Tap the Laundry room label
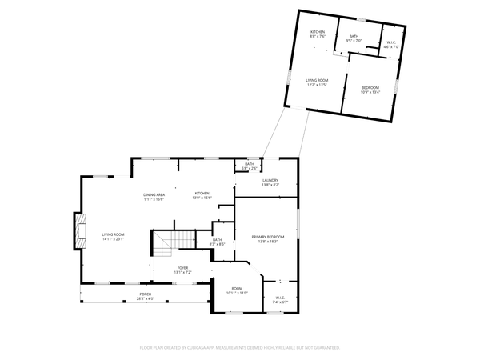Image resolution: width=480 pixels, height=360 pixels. click(x=270, y=180)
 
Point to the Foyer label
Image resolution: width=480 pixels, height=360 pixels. click(x=183, y=268)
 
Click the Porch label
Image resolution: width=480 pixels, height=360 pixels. click(x=146, y=294)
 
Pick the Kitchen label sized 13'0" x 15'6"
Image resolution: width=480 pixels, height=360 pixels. click(x=202, y=194)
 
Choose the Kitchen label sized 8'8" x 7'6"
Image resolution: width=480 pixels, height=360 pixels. click(x=318, y=32)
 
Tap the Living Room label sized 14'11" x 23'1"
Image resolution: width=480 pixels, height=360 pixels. click(x=113, y=234)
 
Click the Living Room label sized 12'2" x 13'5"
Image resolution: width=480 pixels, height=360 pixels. click(x=318, y=80)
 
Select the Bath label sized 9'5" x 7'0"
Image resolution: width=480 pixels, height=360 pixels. click(x=354, y=37)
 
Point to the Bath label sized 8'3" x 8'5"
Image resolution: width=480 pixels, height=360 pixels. click(x=217, y=240)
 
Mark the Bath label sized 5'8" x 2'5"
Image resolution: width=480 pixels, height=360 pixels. click(x=250, y=165)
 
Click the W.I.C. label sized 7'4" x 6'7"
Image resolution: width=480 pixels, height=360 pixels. click(x=280, y=301)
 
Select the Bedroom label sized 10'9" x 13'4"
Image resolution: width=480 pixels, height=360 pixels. click(x=370, y=87)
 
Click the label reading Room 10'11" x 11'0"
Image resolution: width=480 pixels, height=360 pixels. click(x=237, y=289)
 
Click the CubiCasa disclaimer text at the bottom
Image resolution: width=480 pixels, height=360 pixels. click(x=240, y=348)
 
